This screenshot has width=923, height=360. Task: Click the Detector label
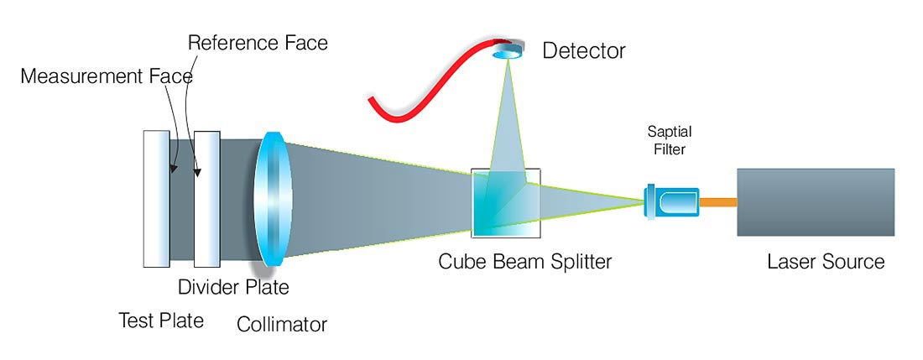click(584, 51)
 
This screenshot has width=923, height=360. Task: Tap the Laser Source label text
click(826, 261)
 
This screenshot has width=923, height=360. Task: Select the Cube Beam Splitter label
click(524, 261)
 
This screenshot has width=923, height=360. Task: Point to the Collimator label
click(282, 323)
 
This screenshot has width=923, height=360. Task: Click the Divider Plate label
click(233, 288)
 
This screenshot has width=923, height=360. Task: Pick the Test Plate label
click(161, 321)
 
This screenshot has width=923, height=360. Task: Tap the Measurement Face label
click(107, 76)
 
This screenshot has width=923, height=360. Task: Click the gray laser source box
click(814, 202)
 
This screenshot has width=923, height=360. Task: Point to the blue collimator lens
click(274, 199)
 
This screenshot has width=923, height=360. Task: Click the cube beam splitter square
click(505, 202)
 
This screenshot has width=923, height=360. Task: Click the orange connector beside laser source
click(718, 202)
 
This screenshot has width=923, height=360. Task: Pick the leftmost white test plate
click(157, 199)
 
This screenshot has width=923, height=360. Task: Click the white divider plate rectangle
click(207, 199)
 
